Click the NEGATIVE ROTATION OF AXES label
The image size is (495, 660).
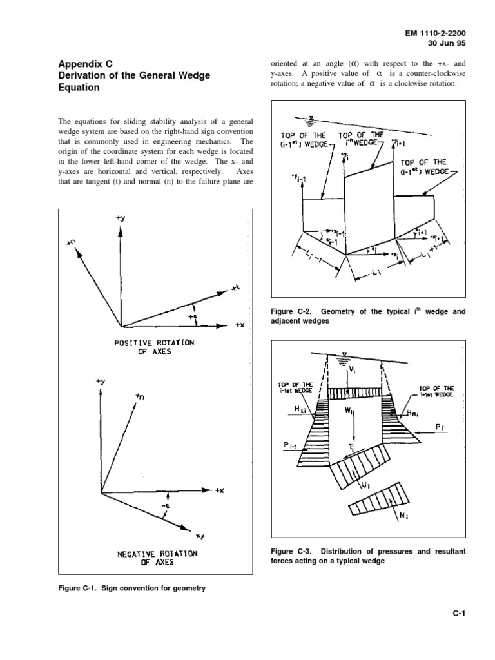pyautogui.click(x=148, y=558)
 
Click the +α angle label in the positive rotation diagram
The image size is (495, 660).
pyautogui.click(x=193, y=316)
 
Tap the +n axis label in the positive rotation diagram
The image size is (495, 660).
pyautogui.click(x=71, y=242)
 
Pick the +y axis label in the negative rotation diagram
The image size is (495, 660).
pyautogui.click(x=100, y=381)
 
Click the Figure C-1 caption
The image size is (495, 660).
pyautogui.click(x=132, y=588)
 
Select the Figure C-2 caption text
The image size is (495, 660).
pyautogui.click(x=367, y=316)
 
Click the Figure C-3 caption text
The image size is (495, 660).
pyautogui.click(x=367, y=556)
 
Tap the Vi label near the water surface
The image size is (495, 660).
pyautogui.click(x=351, y=371)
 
